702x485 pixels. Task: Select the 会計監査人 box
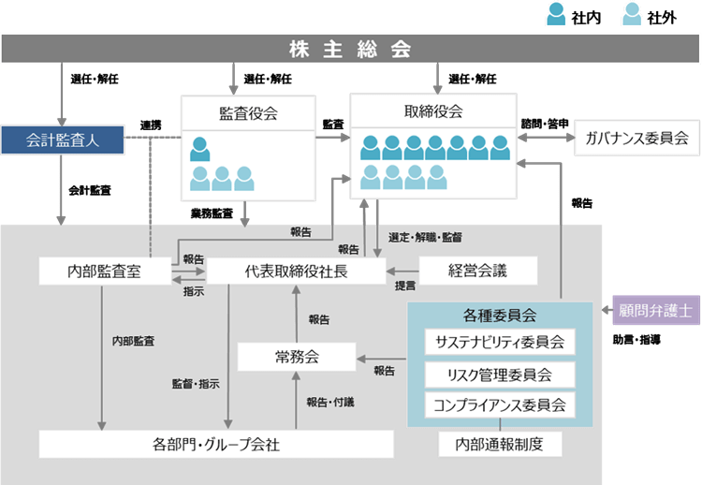pyautogui.click(x=63, y=140)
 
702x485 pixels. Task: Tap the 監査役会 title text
pyautogui.click(x=248, y=114)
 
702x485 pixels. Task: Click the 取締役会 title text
pyautogui.click(x=433, y=111)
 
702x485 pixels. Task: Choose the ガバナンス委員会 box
pyautogui.click(x=636, y=138)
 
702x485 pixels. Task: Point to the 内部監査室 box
pyautogui.click(x=104, y=272)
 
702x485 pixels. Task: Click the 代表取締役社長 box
pyautogui.click(x=296, y=272)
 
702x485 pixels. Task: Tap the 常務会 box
pyautogui.click(x=297, y=356)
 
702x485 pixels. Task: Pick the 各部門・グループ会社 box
pyautogui.click(x=216, y=443)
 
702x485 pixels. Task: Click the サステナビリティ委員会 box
pyautogui.click(x=500, y=343)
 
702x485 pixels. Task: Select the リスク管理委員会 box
pyautogui.click(x=500, y=375)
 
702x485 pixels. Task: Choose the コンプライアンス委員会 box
pyautogui.click(x=500, y=405)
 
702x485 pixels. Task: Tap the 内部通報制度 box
pyautogui.click(x=500, y=443)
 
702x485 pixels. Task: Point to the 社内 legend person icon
pyautogui.click(x=558, y=15)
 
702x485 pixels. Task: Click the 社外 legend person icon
pyautogui.click(x=634, y=15)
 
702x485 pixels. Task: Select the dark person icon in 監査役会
pyautogui.click(x=200, y=148)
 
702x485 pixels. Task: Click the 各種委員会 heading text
pyautogui.click(x=500, y=316)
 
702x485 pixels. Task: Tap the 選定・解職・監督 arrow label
pyautogui.click(x=424, y=237)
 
